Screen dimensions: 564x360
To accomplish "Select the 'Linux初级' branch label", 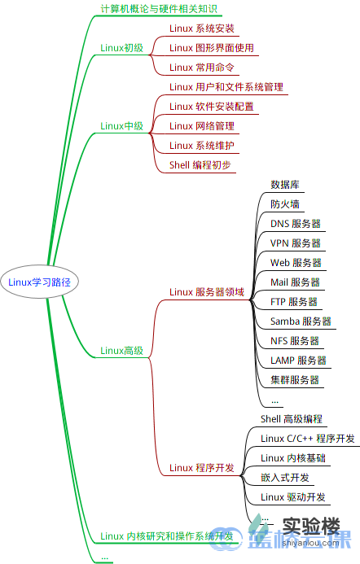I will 121,48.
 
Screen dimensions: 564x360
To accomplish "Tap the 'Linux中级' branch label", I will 121,126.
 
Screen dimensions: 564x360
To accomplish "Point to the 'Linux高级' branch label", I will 121,351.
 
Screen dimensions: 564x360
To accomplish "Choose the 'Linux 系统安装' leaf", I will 201,28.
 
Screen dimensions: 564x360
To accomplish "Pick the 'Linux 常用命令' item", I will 201,68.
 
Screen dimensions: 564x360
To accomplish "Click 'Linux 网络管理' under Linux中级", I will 201,126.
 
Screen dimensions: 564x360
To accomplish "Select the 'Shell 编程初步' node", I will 200,165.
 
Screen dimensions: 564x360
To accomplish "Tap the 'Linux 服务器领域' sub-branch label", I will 206,292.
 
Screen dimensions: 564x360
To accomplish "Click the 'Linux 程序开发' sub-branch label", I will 201,468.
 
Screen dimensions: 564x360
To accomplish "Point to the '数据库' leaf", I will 284,185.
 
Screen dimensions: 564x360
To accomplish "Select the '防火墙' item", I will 284,204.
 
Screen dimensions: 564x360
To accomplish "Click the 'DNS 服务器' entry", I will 295,224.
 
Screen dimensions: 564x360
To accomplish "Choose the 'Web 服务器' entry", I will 296,263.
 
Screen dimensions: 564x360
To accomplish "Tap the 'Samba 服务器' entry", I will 301,321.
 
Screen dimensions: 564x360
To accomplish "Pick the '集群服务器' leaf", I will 294,380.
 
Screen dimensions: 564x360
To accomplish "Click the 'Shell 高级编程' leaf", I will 292,419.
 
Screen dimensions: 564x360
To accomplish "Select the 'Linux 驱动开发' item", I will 293,497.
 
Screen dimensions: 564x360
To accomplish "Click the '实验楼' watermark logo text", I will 309,527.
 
